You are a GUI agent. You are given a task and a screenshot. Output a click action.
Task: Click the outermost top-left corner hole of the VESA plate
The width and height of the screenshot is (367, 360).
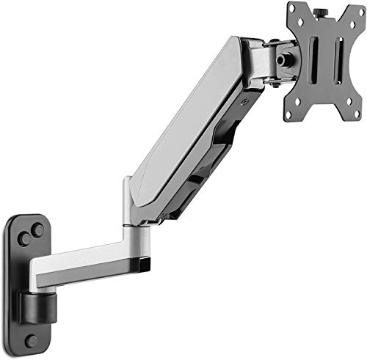(291, 8)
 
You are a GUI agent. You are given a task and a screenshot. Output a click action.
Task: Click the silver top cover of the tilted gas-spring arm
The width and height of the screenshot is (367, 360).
(191, 125)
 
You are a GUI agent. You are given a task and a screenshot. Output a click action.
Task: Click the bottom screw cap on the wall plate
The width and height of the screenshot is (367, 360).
(31, 340)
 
